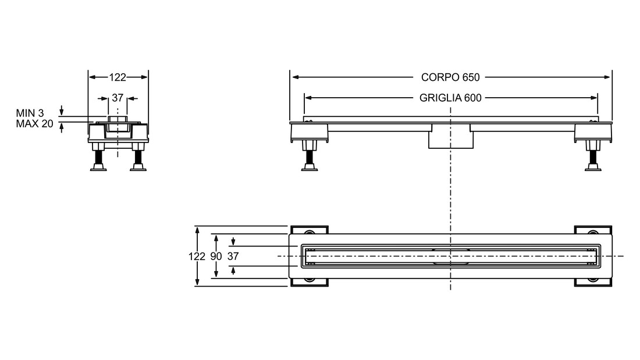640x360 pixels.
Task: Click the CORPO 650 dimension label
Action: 450,77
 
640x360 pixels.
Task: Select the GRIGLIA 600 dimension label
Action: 450,98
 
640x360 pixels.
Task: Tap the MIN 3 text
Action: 30,113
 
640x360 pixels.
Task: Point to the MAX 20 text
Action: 35,124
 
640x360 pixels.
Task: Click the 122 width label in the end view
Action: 118,77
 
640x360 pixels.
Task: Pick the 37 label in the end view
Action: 118,98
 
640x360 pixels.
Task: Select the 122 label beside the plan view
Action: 197,256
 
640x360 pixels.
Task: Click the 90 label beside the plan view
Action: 216,256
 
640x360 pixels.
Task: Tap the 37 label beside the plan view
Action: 233,256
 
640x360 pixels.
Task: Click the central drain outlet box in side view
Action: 450,137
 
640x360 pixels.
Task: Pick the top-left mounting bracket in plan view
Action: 309,230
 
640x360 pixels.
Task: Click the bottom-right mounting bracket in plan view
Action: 593,283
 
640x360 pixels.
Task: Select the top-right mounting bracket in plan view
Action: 593,230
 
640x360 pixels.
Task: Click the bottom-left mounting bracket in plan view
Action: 309,283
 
